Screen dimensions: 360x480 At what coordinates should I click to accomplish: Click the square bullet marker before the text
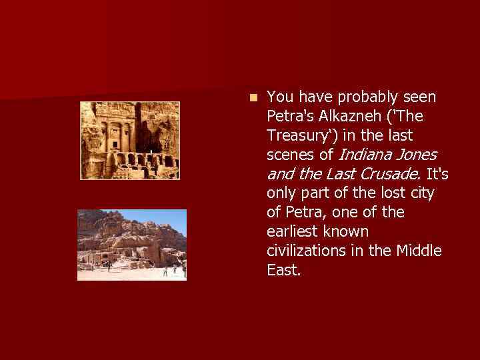(253, 97)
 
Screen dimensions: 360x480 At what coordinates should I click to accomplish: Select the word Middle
(418, 252)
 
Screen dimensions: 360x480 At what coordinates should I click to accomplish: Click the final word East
(283, 271)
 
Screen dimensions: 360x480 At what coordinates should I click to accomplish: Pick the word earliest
(294, 233)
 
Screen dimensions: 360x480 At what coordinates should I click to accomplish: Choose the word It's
(437, 175)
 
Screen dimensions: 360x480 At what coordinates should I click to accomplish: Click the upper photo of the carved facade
(130, 140)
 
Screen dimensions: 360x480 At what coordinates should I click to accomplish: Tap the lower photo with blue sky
(132, 245)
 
